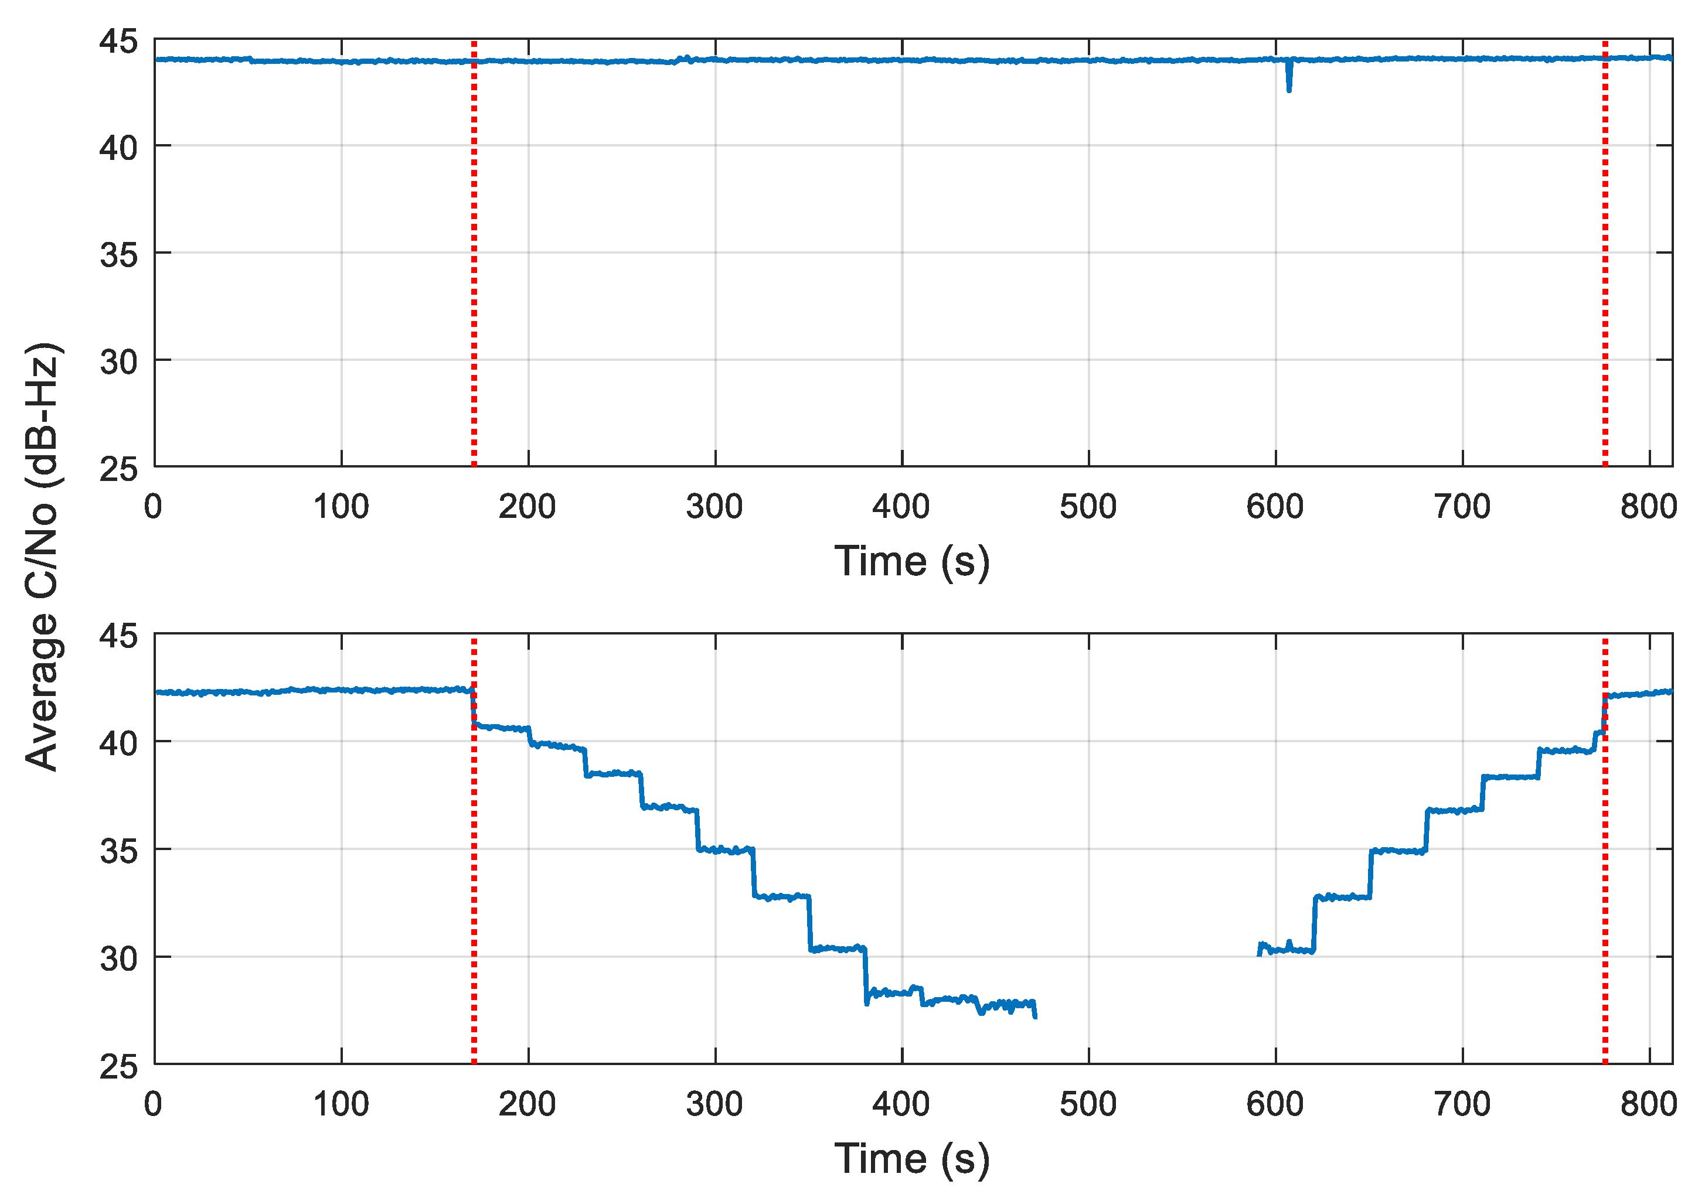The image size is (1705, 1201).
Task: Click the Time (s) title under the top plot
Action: point(912,561)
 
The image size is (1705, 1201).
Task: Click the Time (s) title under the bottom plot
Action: point(912,1159)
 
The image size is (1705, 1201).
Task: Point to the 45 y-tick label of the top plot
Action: point(119,42)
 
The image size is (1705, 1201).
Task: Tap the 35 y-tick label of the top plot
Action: point(119,255)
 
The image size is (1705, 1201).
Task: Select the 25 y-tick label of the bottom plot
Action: point(119,1067)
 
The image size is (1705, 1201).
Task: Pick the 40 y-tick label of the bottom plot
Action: point(119,743)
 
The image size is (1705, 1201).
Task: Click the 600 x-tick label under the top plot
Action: point(1275,507)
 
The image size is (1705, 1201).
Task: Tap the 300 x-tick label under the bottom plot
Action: point(714,1104)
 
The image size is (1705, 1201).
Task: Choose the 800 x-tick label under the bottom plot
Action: point(1648,1104)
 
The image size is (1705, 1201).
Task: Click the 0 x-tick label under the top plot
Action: point(153,507)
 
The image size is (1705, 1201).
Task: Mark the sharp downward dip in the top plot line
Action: point(1288,88)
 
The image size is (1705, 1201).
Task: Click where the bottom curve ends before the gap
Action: point(1034,1015)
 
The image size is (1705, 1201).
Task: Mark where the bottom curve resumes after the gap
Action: point(1260,953)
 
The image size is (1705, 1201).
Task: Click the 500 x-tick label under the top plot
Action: point(1088,507)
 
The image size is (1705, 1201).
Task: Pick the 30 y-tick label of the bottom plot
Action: point(119,959)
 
